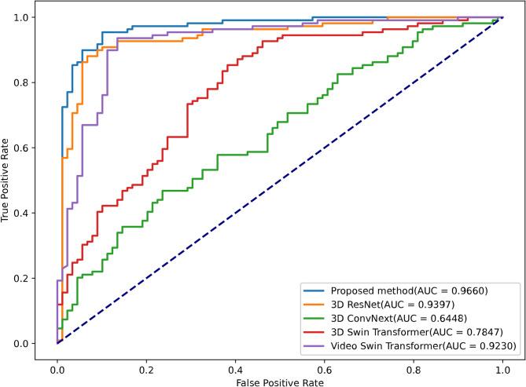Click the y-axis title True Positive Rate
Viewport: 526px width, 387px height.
click(x=7, y=180)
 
